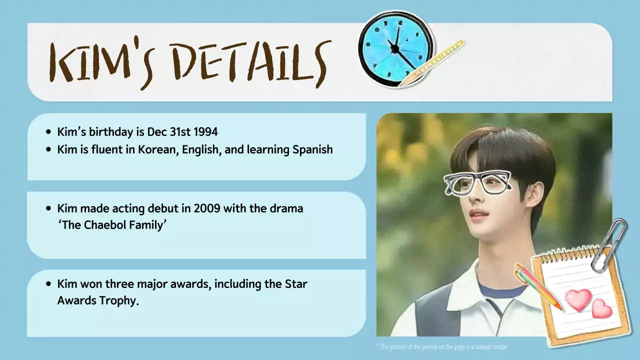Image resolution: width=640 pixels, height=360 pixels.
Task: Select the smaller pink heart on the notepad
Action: [601, 309]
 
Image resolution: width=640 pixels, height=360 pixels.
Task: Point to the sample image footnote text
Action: [442, 346]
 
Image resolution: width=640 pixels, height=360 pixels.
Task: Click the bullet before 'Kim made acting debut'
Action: [48, 208]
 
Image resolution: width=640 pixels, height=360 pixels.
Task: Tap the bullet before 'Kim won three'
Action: [48, 284]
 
